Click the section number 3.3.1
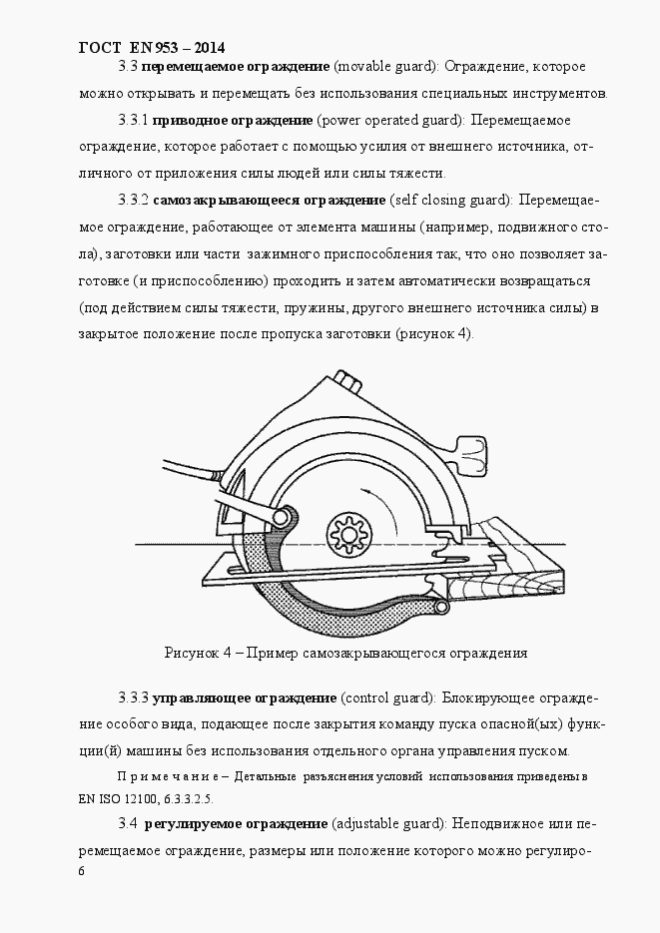(x=133, y=121)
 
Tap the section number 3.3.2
(x=133, y=200)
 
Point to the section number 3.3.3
(x=133, y=696)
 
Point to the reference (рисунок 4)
(x=434, y=332)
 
